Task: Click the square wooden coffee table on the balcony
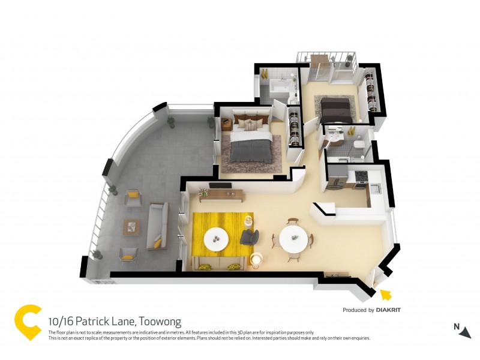click(131, 226)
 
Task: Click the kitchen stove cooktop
click(361, 176)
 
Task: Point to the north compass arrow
click(465, 332)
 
